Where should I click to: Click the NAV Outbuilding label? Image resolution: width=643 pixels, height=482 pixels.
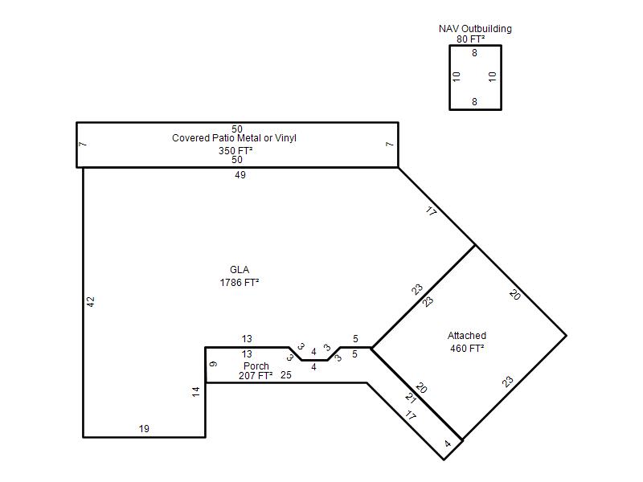pyautogui.click(x=475, y=29)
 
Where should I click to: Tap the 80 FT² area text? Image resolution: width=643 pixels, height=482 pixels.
pyautogui.click(x=471, y=39)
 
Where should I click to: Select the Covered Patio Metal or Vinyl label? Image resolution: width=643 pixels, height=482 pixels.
pyautogui.click(x=234, y=138)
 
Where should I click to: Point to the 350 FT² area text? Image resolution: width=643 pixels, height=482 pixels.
pyautogui.click(x=235, y=151)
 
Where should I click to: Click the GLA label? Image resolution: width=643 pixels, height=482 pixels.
pyautogui.click(x=240, y=270)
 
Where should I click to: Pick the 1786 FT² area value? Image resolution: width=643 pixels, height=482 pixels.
pyautogui.click(x=240, y=283)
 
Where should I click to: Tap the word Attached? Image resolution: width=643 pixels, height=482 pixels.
pyautogui.click(x=467, y=336)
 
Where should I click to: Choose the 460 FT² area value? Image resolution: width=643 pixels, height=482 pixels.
pyautogui.click(x=467, y=349)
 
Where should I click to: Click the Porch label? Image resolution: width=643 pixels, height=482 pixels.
pyautogui.click(x=256, y=366)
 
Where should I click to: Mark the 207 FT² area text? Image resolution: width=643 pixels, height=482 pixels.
pyautogui.click(x=256, y=375)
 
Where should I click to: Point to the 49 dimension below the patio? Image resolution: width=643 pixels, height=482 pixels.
pyautogui.click(x=240, y=175)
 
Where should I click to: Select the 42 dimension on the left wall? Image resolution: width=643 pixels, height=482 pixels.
pyautogui.click(x=91, y=302)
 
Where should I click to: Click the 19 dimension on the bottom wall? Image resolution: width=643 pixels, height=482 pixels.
pyautogui.click(x=144, y=429)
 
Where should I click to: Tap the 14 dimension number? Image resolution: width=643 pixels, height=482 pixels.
pyautogui.click(x=196, y=391)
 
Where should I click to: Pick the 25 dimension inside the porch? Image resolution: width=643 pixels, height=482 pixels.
pyautogui.click(x=286, y=375)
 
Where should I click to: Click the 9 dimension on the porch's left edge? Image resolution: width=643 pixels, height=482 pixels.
pyautogui.click(x=213, y=364)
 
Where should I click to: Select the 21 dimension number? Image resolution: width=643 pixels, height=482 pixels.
pyautogui.click(x=411, y=398)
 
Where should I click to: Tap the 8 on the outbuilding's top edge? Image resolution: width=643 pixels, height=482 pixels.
pyautogui.click(x=474, y=53)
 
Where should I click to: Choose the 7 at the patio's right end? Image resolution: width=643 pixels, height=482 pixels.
pyautogui.click(x=390, y=145)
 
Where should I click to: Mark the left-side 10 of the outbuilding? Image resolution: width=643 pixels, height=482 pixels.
pyautogui.click(x=457, y=76)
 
